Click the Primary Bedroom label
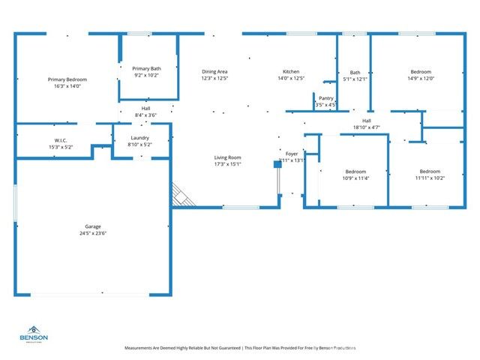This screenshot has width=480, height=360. pos(67,79)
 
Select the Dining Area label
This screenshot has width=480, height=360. pos(214,71)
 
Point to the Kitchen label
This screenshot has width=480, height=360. pos(291,71)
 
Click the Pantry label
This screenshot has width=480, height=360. pos(325,97)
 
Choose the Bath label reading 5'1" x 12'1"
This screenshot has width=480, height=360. pos(355,72)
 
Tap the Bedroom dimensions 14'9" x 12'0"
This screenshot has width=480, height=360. pos(421,78)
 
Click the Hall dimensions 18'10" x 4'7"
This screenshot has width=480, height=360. pos(367,127)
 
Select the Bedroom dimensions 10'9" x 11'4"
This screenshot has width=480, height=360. pos(355,178)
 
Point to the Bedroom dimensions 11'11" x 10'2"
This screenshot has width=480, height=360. pos(430,178)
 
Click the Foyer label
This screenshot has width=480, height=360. pos(292,154)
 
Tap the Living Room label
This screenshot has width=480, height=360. pos(227,157)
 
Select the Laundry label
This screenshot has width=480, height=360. pos(139,138)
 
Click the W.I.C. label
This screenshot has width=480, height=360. pos(61,140)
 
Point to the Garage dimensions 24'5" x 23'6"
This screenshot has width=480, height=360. pos(93,233)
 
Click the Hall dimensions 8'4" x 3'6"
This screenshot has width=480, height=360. pos(145,115)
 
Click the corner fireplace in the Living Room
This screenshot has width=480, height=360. pos(181,196)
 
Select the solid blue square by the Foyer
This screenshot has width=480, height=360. pos(277,163)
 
